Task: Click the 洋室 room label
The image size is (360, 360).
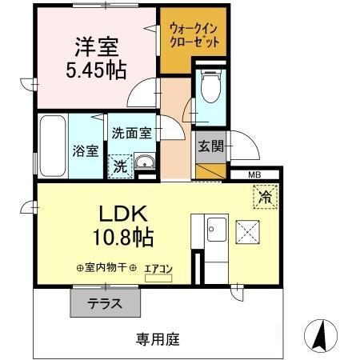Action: click(96, 46)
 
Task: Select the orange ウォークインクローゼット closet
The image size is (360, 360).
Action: click(194, 35)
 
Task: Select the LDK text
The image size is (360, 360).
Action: click(122, 214)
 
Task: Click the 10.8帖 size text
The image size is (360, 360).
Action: click(122, 238)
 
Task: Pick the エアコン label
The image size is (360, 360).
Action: click(158, 269)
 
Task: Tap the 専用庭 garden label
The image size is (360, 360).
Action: click(157, 339)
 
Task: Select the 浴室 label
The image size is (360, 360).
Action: click(83, 149)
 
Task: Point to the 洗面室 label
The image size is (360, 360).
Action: click(131, 134)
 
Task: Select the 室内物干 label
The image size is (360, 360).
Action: click(106, 269)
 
